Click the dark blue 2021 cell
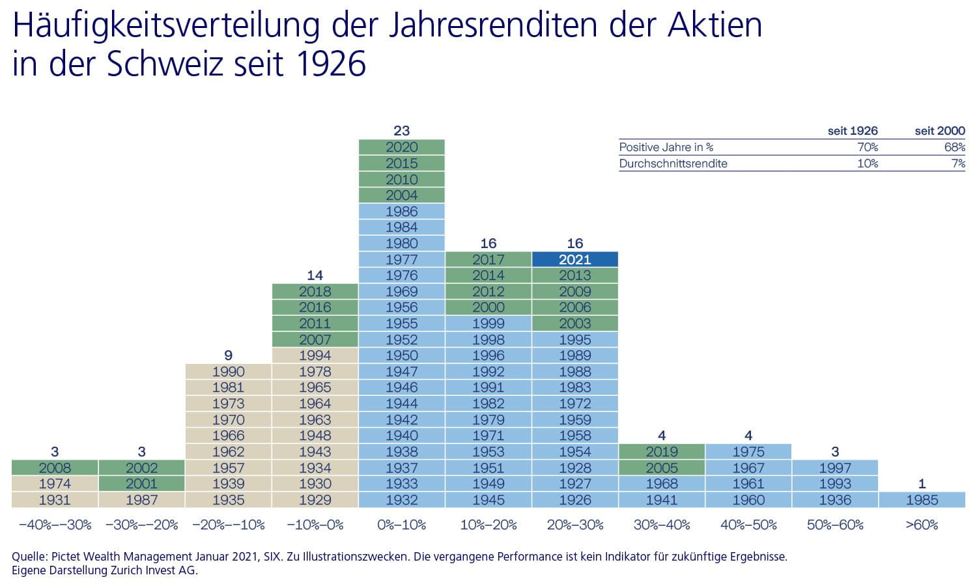[x=574, y=259]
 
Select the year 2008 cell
[x=55, y=467]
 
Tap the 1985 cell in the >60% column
[x=922, y=500]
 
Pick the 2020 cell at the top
[x=401, y=147]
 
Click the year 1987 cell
[x=141, y=500]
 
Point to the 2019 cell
[x=662, y=452]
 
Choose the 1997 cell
[x=835, y=467]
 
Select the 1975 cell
[x=748, y=452]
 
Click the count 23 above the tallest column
[x=401, y=131]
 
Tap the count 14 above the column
[x=315, y=275]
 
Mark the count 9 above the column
[x=228, y=356]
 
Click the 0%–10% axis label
[x=401, y=525]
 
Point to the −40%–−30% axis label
[x=55, y=525]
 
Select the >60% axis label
[x=922, y=525]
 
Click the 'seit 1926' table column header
[x=853, y=131]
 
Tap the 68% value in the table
[x=954, y=147]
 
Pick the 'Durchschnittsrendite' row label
[x=673, y=163]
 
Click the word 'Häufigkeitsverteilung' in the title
[x=166, y=25]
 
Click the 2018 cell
[x=315, y=291]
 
